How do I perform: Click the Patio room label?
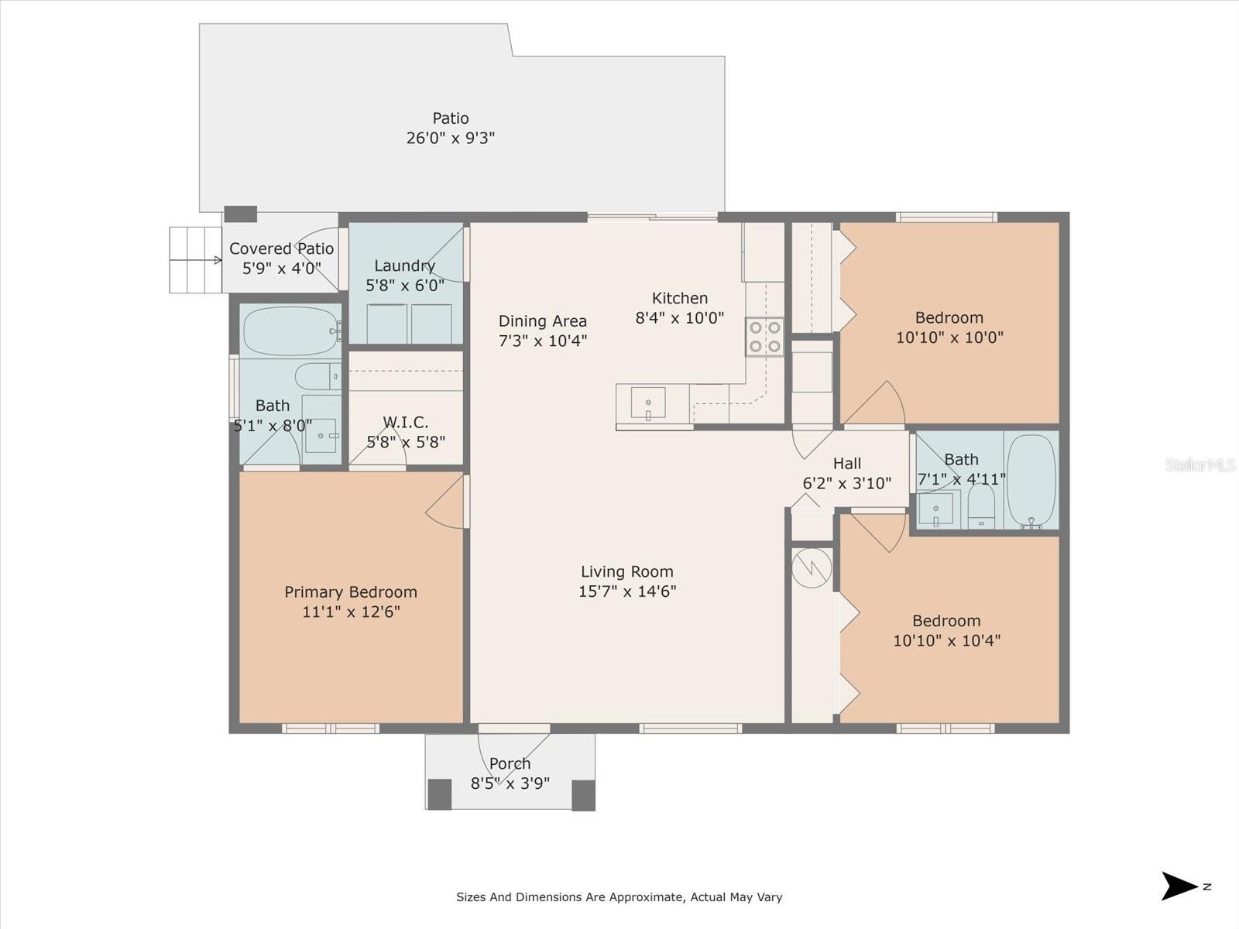point(450,118)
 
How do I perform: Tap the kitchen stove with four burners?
point(764,337)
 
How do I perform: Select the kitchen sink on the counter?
point(648,403)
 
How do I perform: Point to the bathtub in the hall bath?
point(1031,480)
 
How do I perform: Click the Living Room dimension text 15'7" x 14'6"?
point(627,591)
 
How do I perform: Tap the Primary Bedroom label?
point(351,592)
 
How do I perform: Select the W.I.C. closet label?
point(405,423)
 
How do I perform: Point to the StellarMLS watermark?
point(1200,465)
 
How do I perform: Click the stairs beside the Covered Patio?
point(196,260)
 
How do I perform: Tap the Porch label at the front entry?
point(510,763)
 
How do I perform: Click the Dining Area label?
point(542,321)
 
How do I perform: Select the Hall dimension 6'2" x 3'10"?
point(846,483)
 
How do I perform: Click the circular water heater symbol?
point(812,569)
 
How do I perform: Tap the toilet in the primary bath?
point(317,376)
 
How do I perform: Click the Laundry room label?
point(404,266)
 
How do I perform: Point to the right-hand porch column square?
point(583,794)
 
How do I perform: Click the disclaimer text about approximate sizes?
point(619,897)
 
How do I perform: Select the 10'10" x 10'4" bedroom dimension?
point(946,641)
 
